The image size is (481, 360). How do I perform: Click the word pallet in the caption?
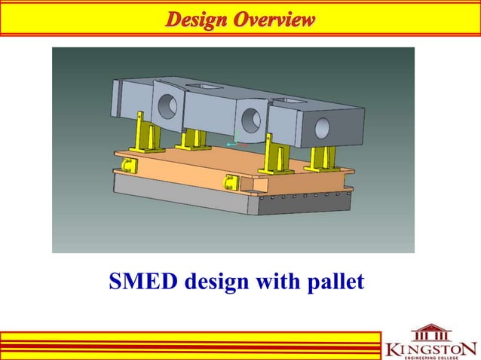(x=333, y=282)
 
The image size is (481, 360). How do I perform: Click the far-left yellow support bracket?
(x=142, y=132)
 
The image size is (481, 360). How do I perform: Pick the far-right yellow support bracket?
(x=323, y=157)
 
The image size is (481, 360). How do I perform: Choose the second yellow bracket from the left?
(x=192, y=139)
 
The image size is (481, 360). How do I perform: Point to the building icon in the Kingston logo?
(x=431, y=334)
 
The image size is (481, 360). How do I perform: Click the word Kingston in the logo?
(x=430, y=349)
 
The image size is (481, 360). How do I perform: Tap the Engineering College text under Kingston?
(x=430, y=358)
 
